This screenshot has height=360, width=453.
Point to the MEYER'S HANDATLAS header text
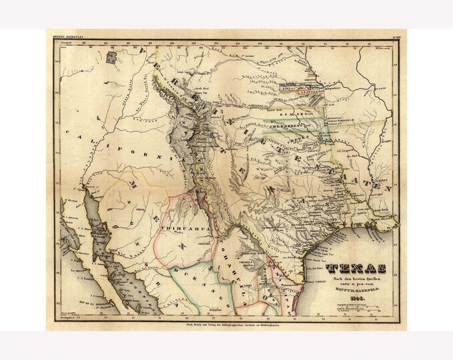coord(67,39)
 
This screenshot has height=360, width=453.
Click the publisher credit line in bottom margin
coord(226,319)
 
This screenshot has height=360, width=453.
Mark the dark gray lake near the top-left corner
coord(111,57)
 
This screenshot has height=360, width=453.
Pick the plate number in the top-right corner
coord(394,39)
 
